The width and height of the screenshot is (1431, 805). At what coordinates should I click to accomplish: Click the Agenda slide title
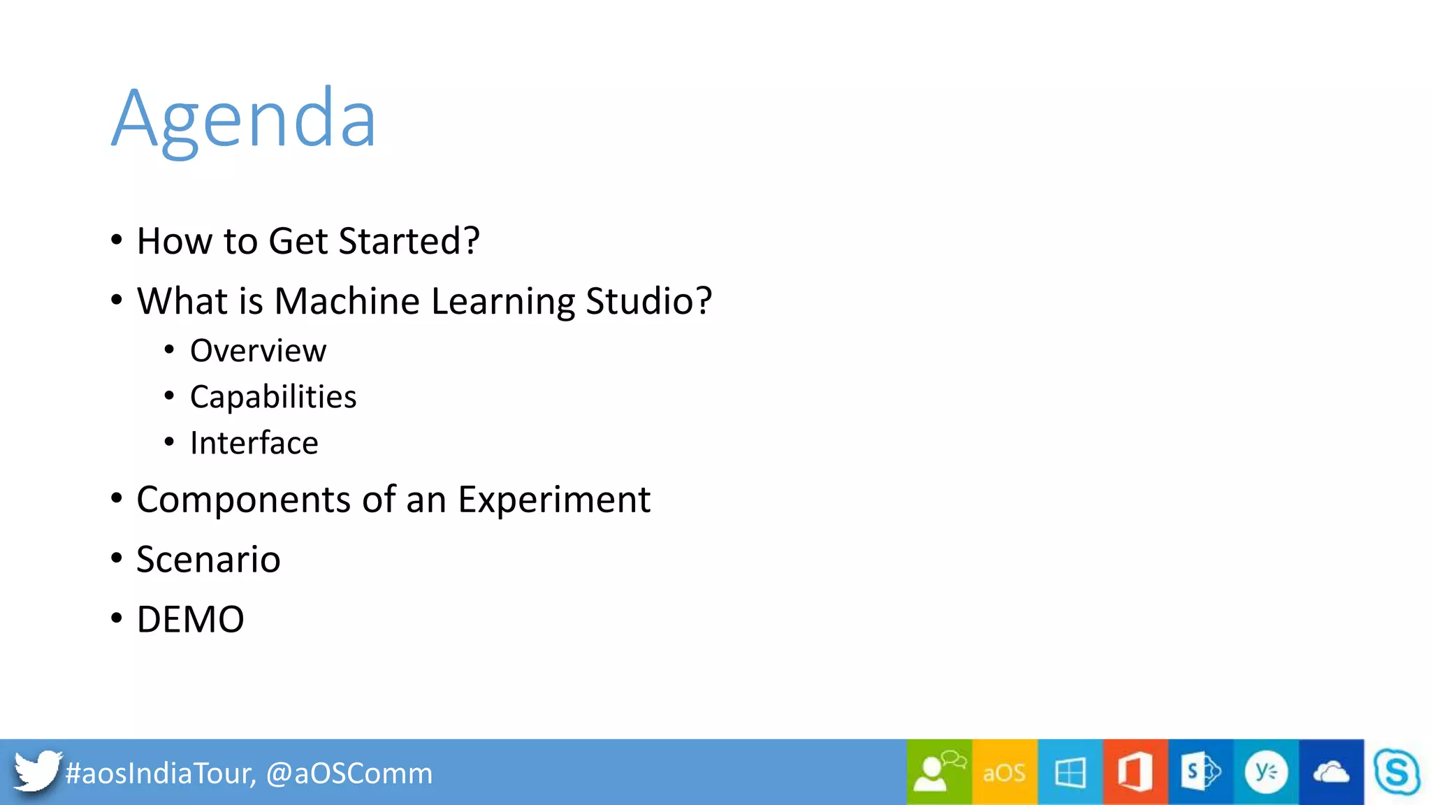pos(245,119)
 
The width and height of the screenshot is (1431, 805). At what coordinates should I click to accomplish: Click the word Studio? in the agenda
pos(648,301)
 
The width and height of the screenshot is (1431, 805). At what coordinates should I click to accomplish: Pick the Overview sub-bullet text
pos(258,351)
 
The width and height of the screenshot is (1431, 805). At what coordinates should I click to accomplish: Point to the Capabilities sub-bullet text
pos(273,397)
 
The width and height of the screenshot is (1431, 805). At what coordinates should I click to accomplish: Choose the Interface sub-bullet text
pos(254,443)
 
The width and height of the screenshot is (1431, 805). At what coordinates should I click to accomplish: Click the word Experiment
pos(553,500)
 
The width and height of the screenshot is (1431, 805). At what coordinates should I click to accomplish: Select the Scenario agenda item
pos(208,560)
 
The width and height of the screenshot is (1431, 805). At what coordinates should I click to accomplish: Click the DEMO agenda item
pos(190,620)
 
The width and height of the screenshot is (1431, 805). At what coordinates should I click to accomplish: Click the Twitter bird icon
pos(36,771)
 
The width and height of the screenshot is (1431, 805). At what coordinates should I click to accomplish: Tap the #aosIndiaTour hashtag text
pos(159,774)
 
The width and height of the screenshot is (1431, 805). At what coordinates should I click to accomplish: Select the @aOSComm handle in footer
pos(349,774)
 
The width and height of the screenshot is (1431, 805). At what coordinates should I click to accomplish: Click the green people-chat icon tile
pos(939,772)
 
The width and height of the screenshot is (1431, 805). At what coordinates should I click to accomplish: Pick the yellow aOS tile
pos(1004,772)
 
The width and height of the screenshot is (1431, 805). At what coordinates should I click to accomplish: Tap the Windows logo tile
pos(1070,772)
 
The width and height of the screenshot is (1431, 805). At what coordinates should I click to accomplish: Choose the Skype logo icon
pos(1396,772)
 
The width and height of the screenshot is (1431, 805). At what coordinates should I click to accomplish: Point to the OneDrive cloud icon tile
pos(1331,772)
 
